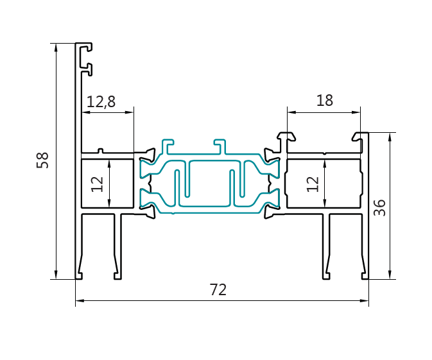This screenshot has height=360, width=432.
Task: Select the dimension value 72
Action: [218, 290]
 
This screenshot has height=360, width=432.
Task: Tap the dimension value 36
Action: [380, 207]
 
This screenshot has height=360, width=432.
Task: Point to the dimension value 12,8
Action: [101, 101]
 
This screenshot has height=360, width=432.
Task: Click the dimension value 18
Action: [325, 101]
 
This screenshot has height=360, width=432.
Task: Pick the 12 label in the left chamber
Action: [98, 184]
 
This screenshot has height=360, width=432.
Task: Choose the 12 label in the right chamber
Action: [313, 184]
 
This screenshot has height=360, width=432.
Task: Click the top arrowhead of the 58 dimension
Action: [56, 47]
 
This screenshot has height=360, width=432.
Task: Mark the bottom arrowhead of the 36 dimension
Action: [390, 275]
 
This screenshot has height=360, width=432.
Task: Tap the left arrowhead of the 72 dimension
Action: [80, 300]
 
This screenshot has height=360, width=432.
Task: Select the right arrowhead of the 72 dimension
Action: [365, 300]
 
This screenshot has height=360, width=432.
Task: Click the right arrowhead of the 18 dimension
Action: [356, 112]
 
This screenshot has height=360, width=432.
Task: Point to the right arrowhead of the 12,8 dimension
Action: [130, 112]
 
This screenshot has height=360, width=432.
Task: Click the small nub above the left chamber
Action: [100, 151]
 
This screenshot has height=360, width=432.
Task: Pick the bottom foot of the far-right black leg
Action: [364, 276]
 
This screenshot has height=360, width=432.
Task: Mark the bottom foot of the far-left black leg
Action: [80, 276]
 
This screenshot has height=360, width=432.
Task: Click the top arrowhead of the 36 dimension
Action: [390, 136]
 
